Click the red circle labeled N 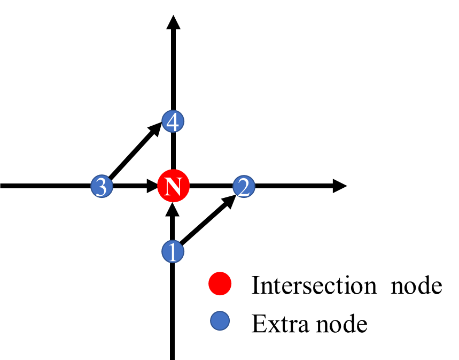point(173,186)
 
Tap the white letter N point(173,187)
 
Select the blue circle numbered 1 point(173,251)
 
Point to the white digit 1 point(173,251)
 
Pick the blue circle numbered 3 point(102,187)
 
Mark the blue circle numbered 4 point(173,122)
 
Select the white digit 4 point(173,122)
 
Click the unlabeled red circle point(220,284)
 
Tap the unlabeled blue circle point(220,320)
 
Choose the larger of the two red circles point(173,186)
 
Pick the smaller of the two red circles point(220,284)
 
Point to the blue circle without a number point(220,320)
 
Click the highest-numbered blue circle point(173,122)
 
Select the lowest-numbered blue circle point(173,251)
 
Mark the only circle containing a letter point(173,186)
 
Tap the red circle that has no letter point(220,284)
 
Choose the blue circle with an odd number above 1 point(102,187)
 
